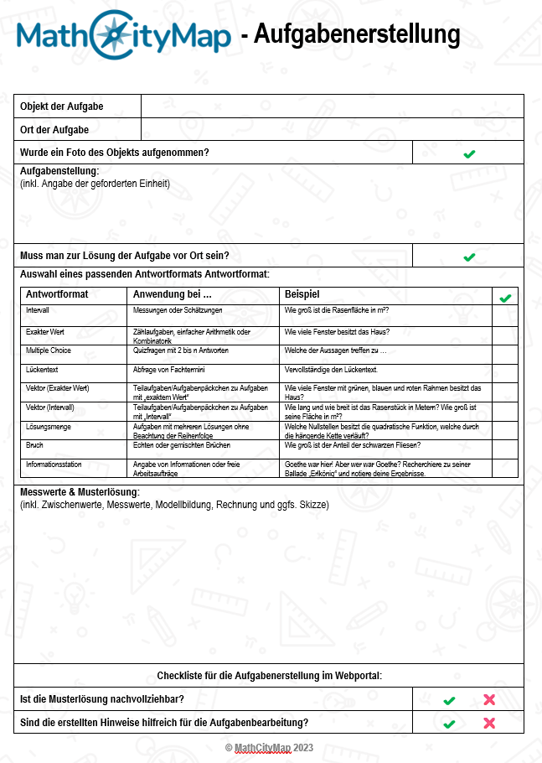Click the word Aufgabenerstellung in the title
tap(357, 34)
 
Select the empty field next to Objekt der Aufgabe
tap(332, 106)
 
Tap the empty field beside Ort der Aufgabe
tap(332, 130)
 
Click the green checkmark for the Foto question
tap(469, 153)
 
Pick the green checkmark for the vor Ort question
tap(469, 257)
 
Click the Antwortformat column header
tap(57, 294)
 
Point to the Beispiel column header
tap(302, 294)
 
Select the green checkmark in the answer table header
tap(504, 298)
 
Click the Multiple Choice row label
tap(49, 350)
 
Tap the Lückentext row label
tap(42, 369)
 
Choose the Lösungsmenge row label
tap(47, 427)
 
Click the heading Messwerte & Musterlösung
tap(80, 492)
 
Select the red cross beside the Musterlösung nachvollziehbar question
tap(489, 699)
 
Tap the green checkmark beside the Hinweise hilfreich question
tap(449, 723)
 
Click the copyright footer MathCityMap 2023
tap(269, 747)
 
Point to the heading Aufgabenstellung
tap(59, 172)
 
